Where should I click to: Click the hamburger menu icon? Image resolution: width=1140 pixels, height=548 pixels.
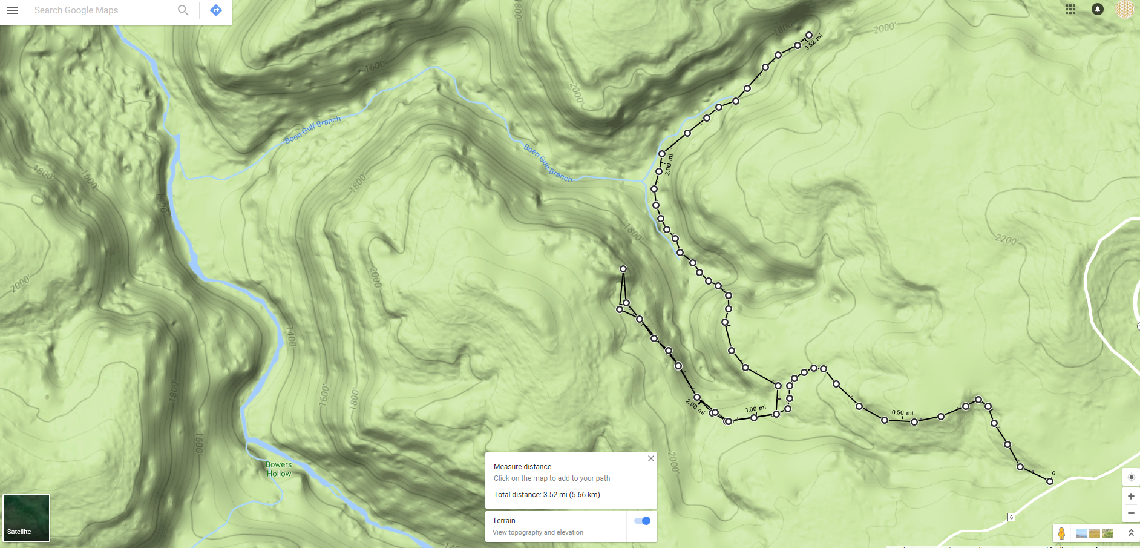click(x=12, y=10)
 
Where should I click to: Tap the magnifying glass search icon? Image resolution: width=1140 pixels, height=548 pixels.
click(x=183, y=10)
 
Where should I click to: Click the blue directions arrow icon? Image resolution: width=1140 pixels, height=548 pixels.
click(x=216, y=10)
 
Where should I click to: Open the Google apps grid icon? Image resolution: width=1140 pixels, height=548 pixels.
click(x=1070, y=9)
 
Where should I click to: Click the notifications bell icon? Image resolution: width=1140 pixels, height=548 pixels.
click(x=1098, y=9)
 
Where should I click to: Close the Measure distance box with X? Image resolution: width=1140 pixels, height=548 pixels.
click(x=651, y=458)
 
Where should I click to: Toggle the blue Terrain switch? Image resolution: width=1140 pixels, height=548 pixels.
click(x=643, y=521)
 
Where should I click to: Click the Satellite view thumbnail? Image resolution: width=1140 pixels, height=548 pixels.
click(x=26, y=518)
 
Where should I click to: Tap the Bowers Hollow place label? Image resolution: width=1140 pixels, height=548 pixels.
click(x=278, y=469)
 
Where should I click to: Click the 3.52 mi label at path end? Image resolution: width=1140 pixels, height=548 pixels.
click(x=813, y=42)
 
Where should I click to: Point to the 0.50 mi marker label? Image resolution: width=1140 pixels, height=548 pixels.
click(x=902, y=412)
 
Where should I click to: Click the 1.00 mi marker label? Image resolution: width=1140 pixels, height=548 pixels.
click(x=755, y=409)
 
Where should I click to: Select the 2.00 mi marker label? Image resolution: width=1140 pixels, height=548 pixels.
click(x=695, y=407)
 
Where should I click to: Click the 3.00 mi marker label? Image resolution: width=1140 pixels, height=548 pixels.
click(x=669, y=165)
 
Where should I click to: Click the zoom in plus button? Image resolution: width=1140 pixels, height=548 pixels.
click(x=1131, y=497)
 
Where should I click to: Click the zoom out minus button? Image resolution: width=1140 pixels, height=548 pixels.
click(x=1131, y=513)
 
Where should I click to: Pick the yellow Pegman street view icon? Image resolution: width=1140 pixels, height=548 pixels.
click(x=1061, y=533)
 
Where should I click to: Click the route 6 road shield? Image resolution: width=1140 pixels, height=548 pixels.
click(x=1011, y=517)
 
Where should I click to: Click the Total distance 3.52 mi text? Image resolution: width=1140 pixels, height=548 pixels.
click(x=546, y=495)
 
